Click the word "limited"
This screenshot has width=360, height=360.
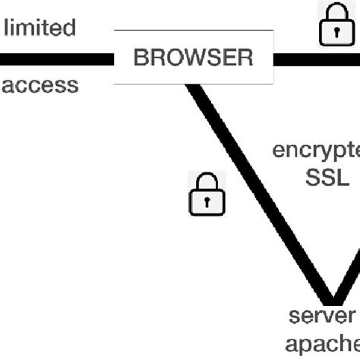pyautogui.click(x=41, y=28)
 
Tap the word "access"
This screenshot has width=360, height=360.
pyautogui.click(x=39, y=84)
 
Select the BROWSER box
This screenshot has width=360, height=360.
pyautogui.click(x=193, y=58)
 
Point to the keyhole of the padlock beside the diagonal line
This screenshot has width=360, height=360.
pyautogui.click(x=206, y=202)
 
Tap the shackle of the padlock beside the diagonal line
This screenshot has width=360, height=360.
pyautogui.click(x=206, y=181)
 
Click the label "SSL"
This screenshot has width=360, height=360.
pyautogui.click(x=327, y=177)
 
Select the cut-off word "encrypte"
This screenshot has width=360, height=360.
pyautogui.click(x=316, y=149)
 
